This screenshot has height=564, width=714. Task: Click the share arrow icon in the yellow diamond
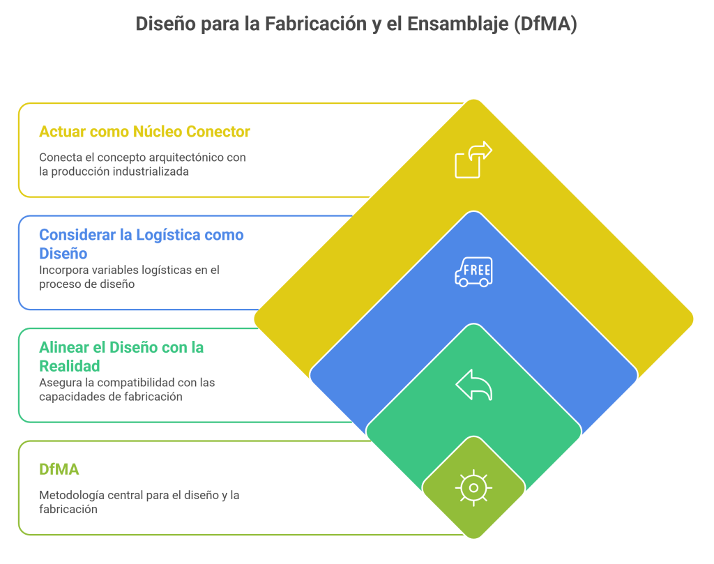click(x=473, y=160)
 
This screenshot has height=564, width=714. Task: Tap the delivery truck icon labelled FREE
click(x=473, y=271)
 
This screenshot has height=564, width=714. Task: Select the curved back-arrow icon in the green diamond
click(x=473, y=385)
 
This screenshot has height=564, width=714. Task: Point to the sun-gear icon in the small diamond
click(x=473, y=487)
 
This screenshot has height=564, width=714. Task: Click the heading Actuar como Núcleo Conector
click(x=144, y=131)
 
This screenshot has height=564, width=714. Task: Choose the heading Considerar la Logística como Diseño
click(x=142, y=243)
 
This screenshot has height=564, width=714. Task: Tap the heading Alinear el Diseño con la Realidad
click(x=121, y=356)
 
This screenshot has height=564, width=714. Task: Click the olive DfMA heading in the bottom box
click(x=59, y=469)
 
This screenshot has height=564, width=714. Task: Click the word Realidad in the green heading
click(x=70, y=365)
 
